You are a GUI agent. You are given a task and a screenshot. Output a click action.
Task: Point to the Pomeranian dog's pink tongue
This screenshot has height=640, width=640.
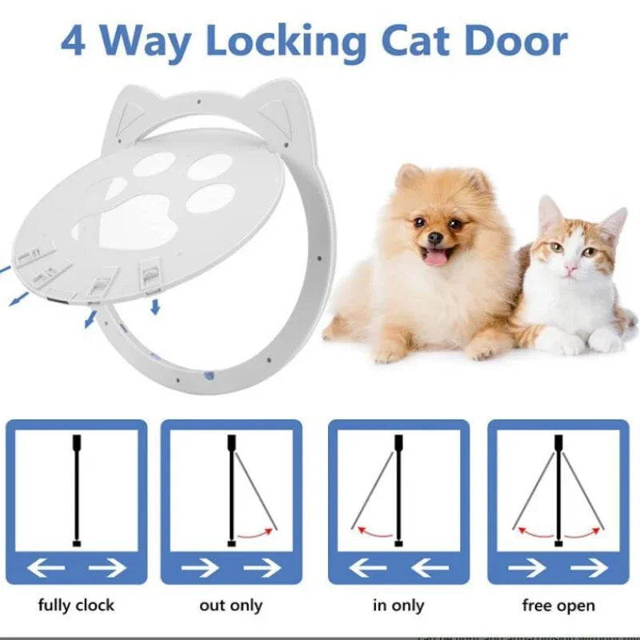pyautogui.click(x=435, y=256)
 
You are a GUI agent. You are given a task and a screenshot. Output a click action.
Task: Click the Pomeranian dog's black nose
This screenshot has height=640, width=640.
pyautogui.click(x=434, y=237)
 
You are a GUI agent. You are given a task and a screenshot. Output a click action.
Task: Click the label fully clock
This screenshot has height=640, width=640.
pyautogui.click(x=76, y=605)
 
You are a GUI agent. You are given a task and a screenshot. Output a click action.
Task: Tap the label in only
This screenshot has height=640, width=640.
pyautogui.click(x=398, y=605)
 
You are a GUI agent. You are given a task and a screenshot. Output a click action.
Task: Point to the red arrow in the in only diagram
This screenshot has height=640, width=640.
pyautogui.click(x=374, y=530)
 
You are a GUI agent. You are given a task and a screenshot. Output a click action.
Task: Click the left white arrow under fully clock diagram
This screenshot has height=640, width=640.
pyautogui.click(x=48, y=568)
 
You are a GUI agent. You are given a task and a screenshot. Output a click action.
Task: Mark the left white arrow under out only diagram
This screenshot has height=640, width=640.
pyautogui.click(x=200, y=568)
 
